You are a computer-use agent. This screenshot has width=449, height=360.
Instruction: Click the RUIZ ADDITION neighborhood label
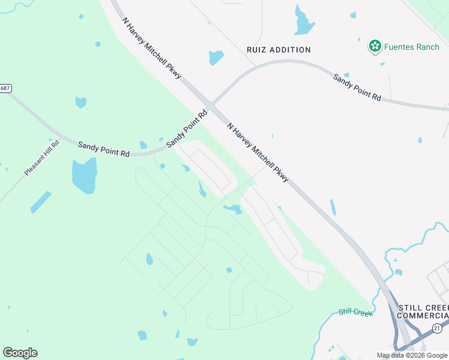279,50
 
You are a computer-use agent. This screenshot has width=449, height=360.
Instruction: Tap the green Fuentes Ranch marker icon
375,46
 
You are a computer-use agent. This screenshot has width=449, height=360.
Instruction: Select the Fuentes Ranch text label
411,47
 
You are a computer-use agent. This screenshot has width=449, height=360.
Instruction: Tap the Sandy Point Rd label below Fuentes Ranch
357,87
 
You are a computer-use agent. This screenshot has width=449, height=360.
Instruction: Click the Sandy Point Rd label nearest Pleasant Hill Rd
104,149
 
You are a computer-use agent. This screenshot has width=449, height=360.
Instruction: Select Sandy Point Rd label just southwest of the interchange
187,128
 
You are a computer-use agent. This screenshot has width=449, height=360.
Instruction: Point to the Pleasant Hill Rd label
42,158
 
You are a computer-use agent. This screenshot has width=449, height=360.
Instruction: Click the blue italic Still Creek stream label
355,312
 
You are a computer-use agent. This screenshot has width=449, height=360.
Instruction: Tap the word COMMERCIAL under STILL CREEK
423,316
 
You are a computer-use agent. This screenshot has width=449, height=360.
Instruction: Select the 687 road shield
5,88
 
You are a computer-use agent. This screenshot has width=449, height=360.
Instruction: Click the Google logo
20,353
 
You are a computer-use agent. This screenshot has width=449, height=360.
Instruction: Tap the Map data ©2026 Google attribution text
412,355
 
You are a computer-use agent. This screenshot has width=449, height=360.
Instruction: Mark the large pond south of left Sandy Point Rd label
84,176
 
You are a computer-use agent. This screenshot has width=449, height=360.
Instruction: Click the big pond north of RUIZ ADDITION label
304,22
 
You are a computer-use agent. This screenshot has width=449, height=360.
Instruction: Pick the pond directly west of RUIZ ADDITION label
215,58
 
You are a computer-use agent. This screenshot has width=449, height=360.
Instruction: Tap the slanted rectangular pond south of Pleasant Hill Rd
41,202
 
